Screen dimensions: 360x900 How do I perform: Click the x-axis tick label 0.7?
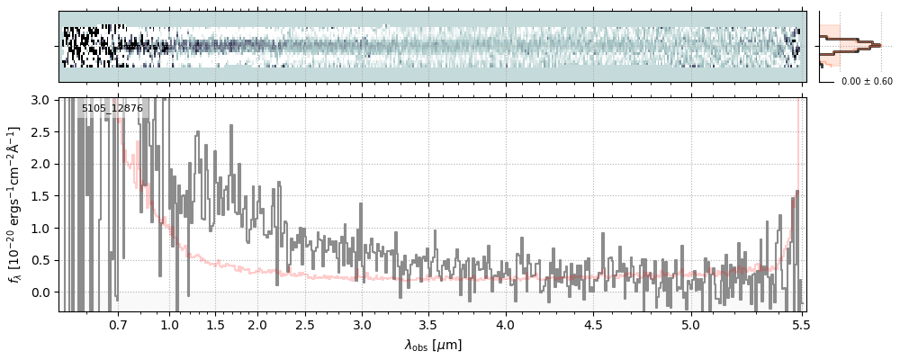click(118, 324)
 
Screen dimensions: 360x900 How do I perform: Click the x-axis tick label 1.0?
click(169, 324)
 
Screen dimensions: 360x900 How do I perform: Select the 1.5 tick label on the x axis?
click(215, 324)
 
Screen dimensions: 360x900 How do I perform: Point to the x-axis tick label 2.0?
click(257, 324)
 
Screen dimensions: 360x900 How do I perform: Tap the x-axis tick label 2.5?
click(305, 324)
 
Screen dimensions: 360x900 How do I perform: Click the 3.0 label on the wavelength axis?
click(362, 324)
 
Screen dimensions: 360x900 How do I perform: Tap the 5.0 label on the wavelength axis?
click(690, 324)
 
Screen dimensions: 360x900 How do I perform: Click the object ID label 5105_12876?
click(112, 109)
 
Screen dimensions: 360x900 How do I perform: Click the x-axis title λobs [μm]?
click(433, 345)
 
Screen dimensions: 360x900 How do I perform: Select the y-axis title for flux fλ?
click(15, 205)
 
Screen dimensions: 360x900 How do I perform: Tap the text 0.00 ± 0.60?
click(867, 82)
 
